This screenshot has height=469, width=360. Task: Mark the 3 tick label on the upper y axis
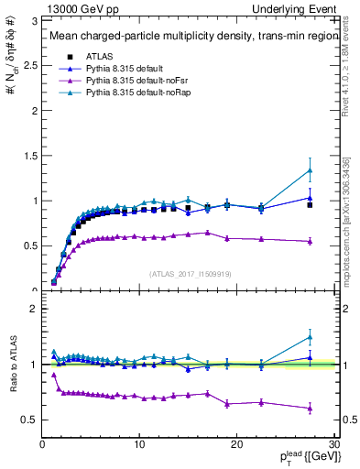pyautogui.click(x=34, y=19)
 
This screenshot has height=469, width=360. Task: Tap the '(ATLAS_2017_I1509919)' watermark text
pyautogui.click(x=190, y=272)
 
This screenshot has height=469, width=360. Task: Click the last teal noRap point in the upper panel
pyautogui.click(x=310, y=170)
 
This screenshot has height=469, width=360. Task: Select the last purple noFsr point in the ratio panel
pyautogui.click(x=310, y=409)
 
